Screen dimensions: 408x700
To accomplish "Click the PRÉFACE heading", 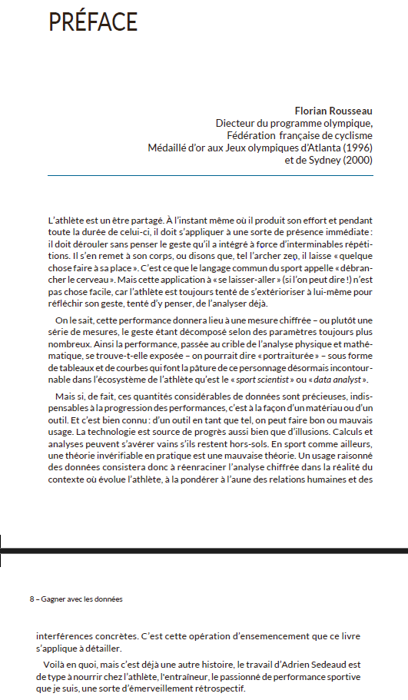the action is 93,22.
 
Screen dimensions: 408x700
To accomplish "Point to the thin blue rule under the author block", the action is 210,176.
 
